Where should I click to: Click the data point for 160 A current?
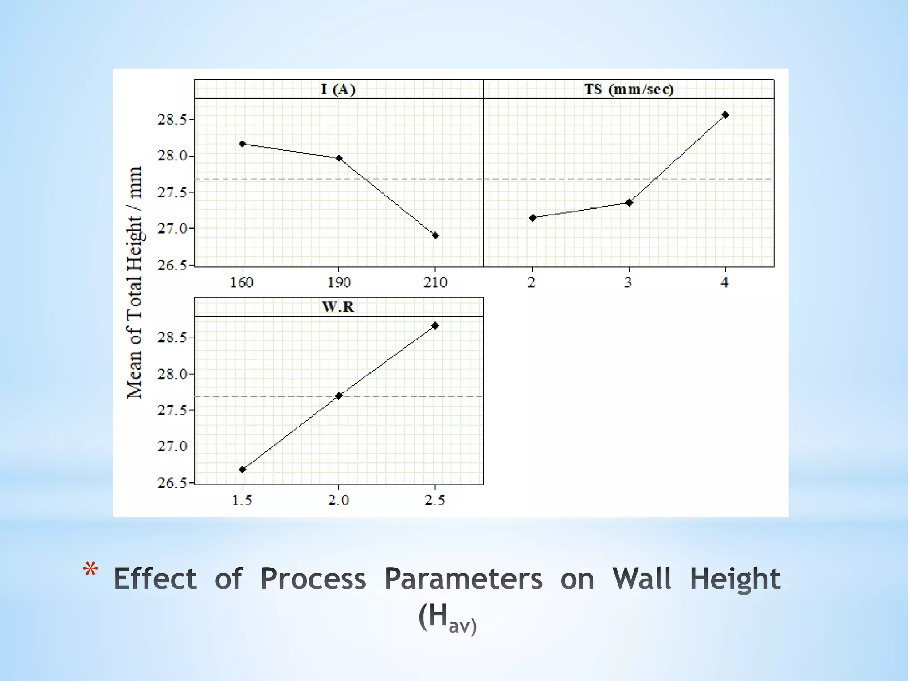pos(243,144)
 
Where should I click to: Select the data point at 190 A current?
pos(339,158)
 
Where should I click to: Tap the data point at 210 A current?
pos(435,236)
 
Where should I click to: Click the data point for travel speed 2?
pos(533,218)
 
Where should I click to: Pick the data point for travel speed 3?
pos(629,203)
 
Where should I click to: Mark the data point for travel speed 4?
pos(725,115)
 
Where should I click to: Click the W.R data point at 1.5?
pos(243,470)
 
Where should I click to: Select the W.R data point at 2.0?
pos(339,396)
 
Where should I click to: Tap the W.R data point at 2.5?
pos(435,326)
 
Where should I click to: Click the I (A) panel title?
pos(338,90)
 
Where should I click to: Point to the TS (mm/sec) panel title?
pos(629,90)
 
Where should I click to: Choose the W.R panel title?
pos(338,307)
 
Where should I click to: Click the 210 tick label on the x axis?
pos(435,282)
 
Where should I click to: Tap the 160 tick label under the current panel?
pos(242,282)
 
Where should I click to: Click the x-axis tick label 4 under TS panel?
pos(725,282)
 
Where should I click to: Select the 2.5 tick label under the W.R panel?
pos(435,500)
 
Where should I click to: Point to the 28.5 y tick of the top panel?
pos(172,120)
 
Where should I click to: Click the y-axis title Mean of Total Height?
pos(135,282)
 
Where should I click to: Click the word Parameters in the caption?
pos(463,579)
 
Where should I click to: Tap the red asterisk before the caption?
pos(90,569)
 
